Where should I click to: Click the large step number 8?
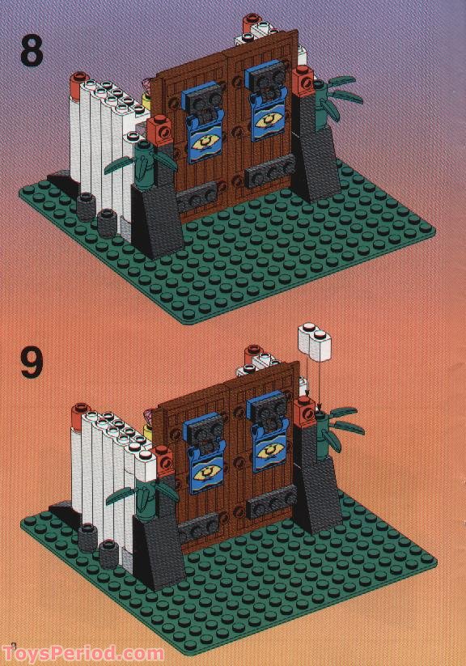(32, 52)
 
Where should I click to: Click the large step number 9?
(32, 363)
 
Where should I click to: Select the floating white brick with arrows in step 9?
(316, 341)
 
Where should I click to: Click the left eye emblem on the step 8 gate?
(205, 143)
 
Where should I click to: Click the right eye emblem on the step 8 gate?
(269, 121)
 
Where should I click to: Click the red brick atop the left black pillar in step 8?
(159, 130)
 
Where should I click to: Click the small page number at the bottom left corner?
(13, 646)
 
